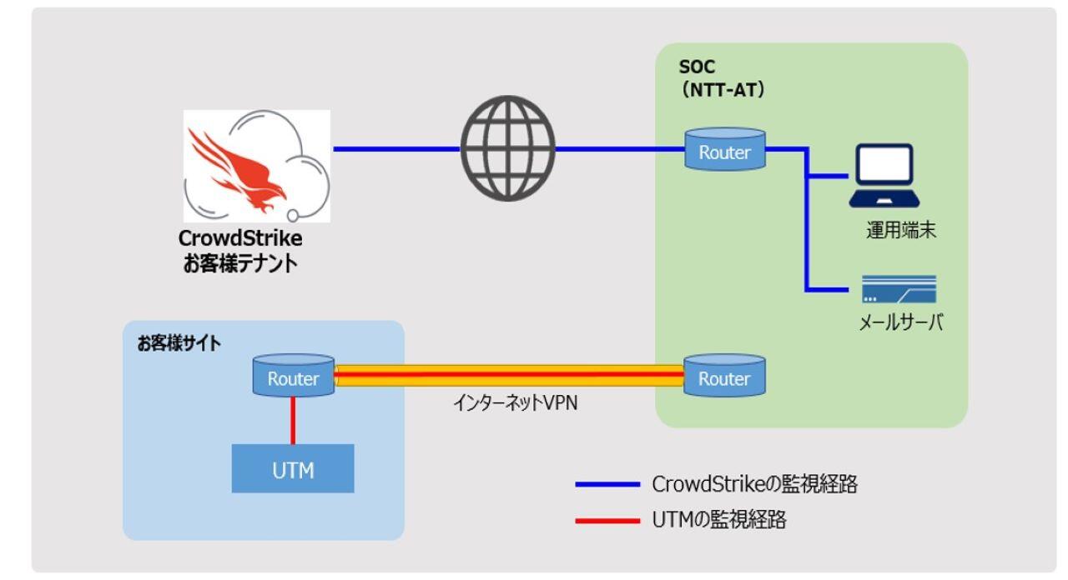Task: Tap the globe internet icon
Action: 507,150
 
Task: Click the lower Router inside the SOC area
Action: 723,377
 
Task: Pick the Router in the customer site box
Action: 294,377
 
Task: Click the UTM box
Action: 294,468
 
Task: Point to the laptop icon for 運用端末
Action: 884,177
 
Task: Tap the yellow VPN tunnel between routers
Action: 509,376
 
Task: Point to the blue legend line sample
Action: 607,484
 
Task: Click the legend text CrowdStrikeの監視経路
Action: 754,485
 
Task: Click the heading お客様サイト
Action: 180,343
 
